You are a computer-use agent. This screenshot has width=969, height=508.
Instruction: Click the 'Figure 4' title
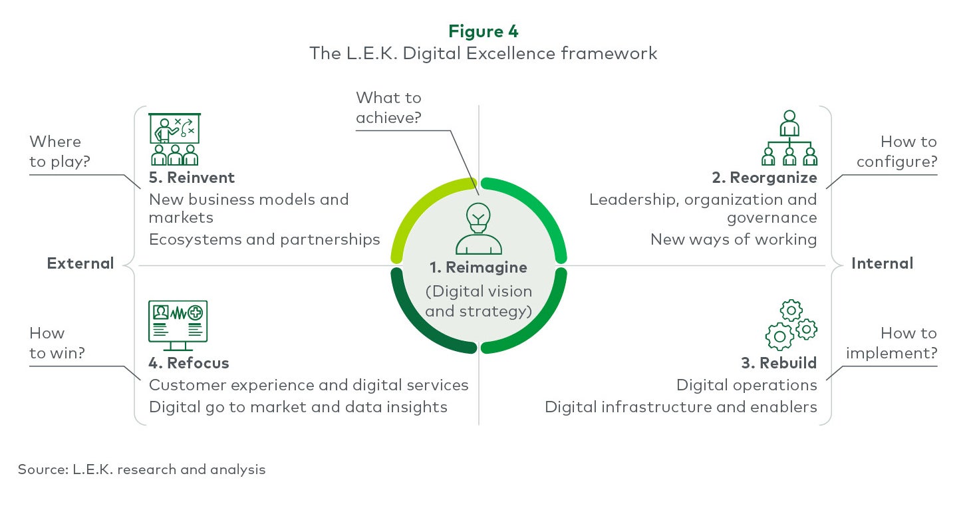tap(484, 31)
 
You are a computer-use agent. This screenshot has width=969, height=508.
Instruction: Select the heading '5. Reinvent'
tap(192, 178)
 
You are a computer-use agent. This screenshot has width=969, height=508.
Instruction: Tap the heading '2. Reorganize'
tap(764, 178)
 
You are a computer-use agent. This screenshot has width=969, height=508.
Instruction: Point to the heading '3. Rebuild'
tap(779, 363)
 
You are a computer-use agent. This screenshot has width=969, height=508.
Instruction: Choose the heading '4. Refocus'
tap(189, 363)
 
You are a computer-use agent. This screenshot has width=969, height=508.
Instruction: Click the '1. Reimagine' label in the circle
tap(478, 267)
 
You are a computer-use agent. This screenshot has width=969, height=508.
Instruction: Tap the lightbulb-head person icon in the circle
tap(478, 228)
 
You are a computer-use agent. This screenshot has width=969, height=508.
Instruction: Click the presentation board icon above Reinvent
tap(174, 139)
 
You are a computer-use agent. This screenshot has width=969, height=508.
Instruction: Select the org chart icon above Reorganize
tap(789, 138)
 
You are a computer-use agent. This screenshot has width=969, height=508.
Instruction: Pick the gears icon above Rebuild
tap(791, 324)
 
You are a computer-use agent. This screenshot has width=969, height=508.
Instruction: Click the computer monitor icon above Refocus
tap(178, 326)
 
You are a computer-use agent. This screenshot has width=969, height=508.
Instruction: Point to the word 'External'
tap(80, 263)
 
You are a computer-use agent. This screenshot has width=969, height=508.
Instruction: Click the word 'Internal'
tap(883, 263)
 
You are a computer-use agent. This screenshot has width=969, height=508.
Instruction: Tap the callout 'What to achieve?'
tap(388, 108)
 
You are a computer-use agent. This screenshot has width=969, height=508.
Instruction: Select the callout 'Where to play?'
tap(60, 152)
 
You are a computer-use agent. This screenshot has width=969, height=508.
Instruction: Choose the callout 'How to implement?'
tap(892, 343)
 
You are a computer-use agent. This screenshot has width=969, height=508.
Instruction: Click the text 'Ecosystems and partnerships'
tap(264, 239)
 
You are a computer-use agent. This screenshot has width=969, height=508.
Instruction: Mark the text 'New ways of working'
tap(734, 239)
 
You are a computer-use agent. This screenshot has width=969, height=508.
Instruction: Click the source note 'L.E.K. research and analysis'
tap(169, 469)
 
